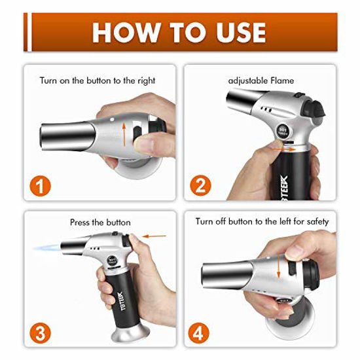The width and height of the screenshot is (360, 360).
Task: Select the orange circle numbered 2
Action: [200, 187]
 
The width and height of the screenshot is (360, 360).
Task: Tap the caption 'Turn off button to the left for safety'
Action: [262, 222]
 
